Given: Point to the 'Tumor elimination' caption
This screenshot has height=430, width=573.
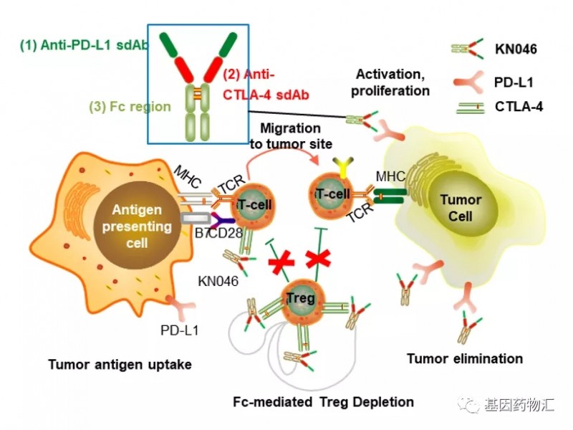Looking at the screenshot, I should tap(464, 358).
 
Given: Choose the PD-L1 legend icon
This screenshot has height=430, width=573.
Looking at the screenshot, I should tap(468, 82).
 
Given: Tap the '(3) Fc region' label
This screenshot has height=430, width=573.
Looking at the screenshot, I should tap(130, 107).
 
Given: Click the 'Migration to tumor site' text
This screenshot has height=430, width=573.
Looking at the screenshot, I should tap(290, 135).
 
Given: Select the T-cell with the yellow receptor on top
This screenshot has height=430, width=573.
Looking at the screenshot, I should tap(330, 196).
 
